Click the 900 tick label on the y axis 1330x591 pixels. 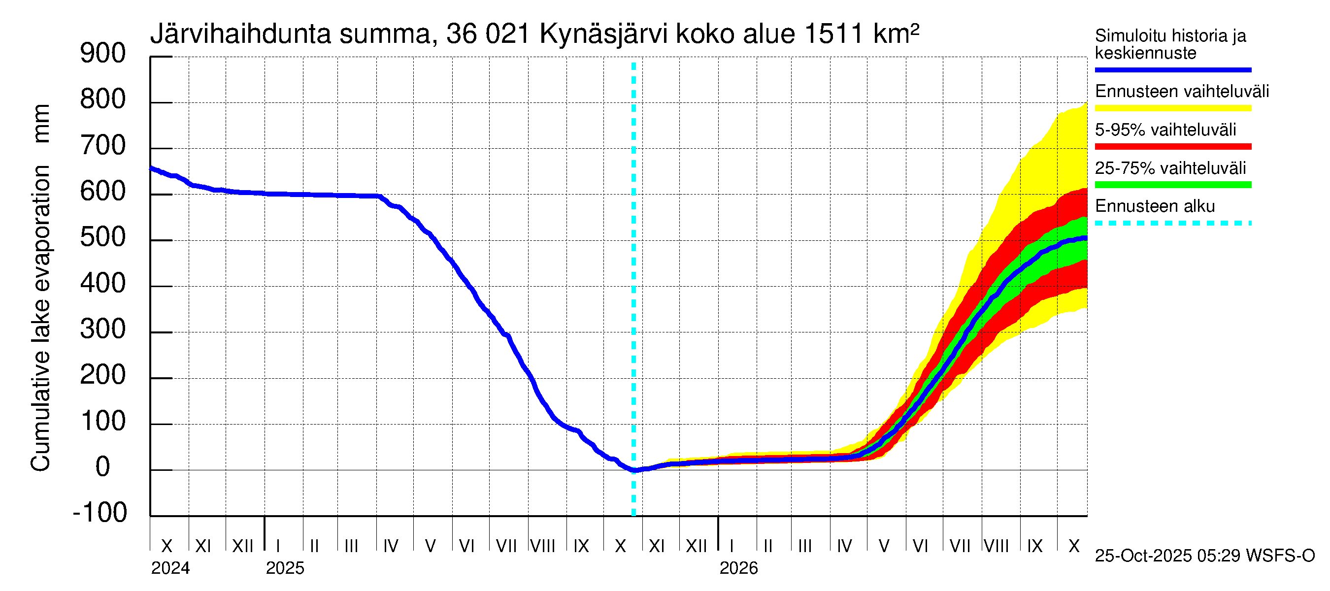click(103, 54)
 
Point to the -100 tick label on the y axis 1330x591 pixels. click(100, 513)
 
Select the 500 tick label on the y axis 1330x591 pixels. click(103, 237)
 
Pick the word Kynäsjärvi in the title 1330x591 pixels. click(603, 34)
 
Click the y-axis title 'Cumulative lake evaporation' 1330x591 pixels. click(40, 318)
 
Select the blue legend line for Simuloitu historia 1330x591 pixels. click(1172, 69)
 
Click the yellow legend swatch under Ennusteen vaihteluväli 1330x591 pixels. click(1172, 108)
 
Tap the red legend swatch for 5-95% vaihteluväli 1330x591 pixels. click(1172, 147)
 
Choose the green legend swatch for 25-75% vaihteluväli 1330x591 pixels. click(1172, 185)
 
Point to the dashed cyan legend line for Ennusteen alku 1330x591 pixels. click(1172, 224)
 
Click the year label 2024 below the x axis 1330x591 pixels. click(170, 568)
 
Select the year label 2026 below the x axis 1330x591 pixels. click(738, 568)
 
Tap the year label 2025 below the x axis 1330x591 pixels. click(285, 568)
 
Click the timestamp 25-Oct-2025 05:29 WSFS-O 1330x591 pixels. click(1204, 556)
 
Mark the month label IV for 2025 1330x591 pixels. click(391, 546)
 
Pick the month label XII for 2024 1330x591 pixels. click(243, 546)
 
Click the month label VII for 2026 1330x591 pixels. click(960, 546)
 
